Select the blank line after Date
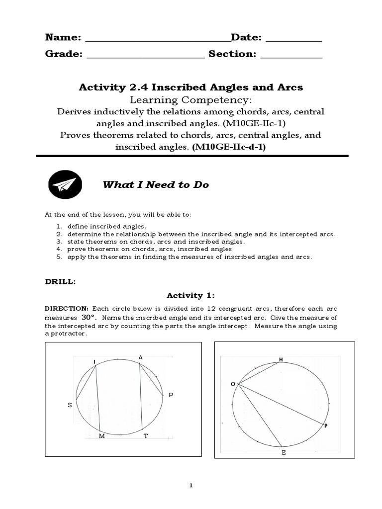coord(296,41)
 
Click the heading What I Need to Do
coord(155,185)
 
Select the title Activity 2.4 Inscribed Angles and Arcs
coord(191,87)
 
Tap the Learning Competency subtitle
coord(191,100)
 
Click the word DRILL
coord(60,281)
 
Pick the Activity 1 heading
coord(191,295)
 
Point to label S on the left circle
coord(70,405)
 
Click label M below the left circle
coord(102,436)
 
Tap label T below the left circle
coord(146,436)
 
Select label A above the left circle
coord(140,357)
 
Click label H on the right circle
coord(281,359)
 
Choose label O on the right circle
coord(232,384)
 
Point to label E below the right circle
coord(284,453)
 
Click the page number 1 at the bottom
coord(191,486)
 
